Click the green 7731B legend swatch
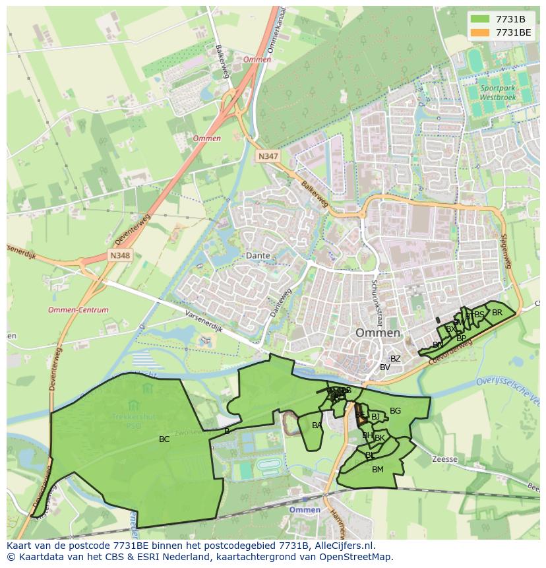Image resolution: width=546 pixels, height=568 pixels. [x=480, y=19]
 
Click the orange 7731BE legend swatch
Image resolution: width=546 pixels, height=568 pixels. [x=480, y=32]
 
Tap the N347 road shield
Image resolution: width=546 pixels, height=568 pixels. [x=267, y=156]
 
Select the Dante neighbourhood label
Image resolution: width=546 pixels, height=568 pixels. [x=258, y=255]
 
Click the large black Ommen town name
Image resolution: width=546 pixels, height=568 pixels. [x=378, y=332]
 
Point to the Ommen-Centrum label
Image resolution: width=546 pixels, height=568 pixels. [x=78, y=309]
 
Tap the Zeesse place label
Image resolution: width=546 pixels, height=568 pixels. [x=444, y=458]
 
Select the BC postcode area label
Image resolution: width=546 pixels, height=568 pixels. [x=164, y=439]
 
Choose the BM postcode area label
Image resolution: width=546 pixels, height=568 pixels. [x=377, y=470]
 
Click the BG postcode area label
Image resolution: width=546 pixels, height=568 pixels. [x=395, y=411]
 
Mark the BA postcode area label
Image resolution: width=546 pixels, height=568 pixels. [x=317, y=426]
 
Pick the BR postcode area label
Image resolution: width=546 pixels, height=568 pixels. [x=497, y=313]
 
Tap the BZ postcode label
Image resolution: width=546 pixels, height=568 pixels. [x=395, y=359]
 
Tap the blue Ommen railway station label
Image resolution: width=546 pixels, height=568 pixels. [x=305, y=509]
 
